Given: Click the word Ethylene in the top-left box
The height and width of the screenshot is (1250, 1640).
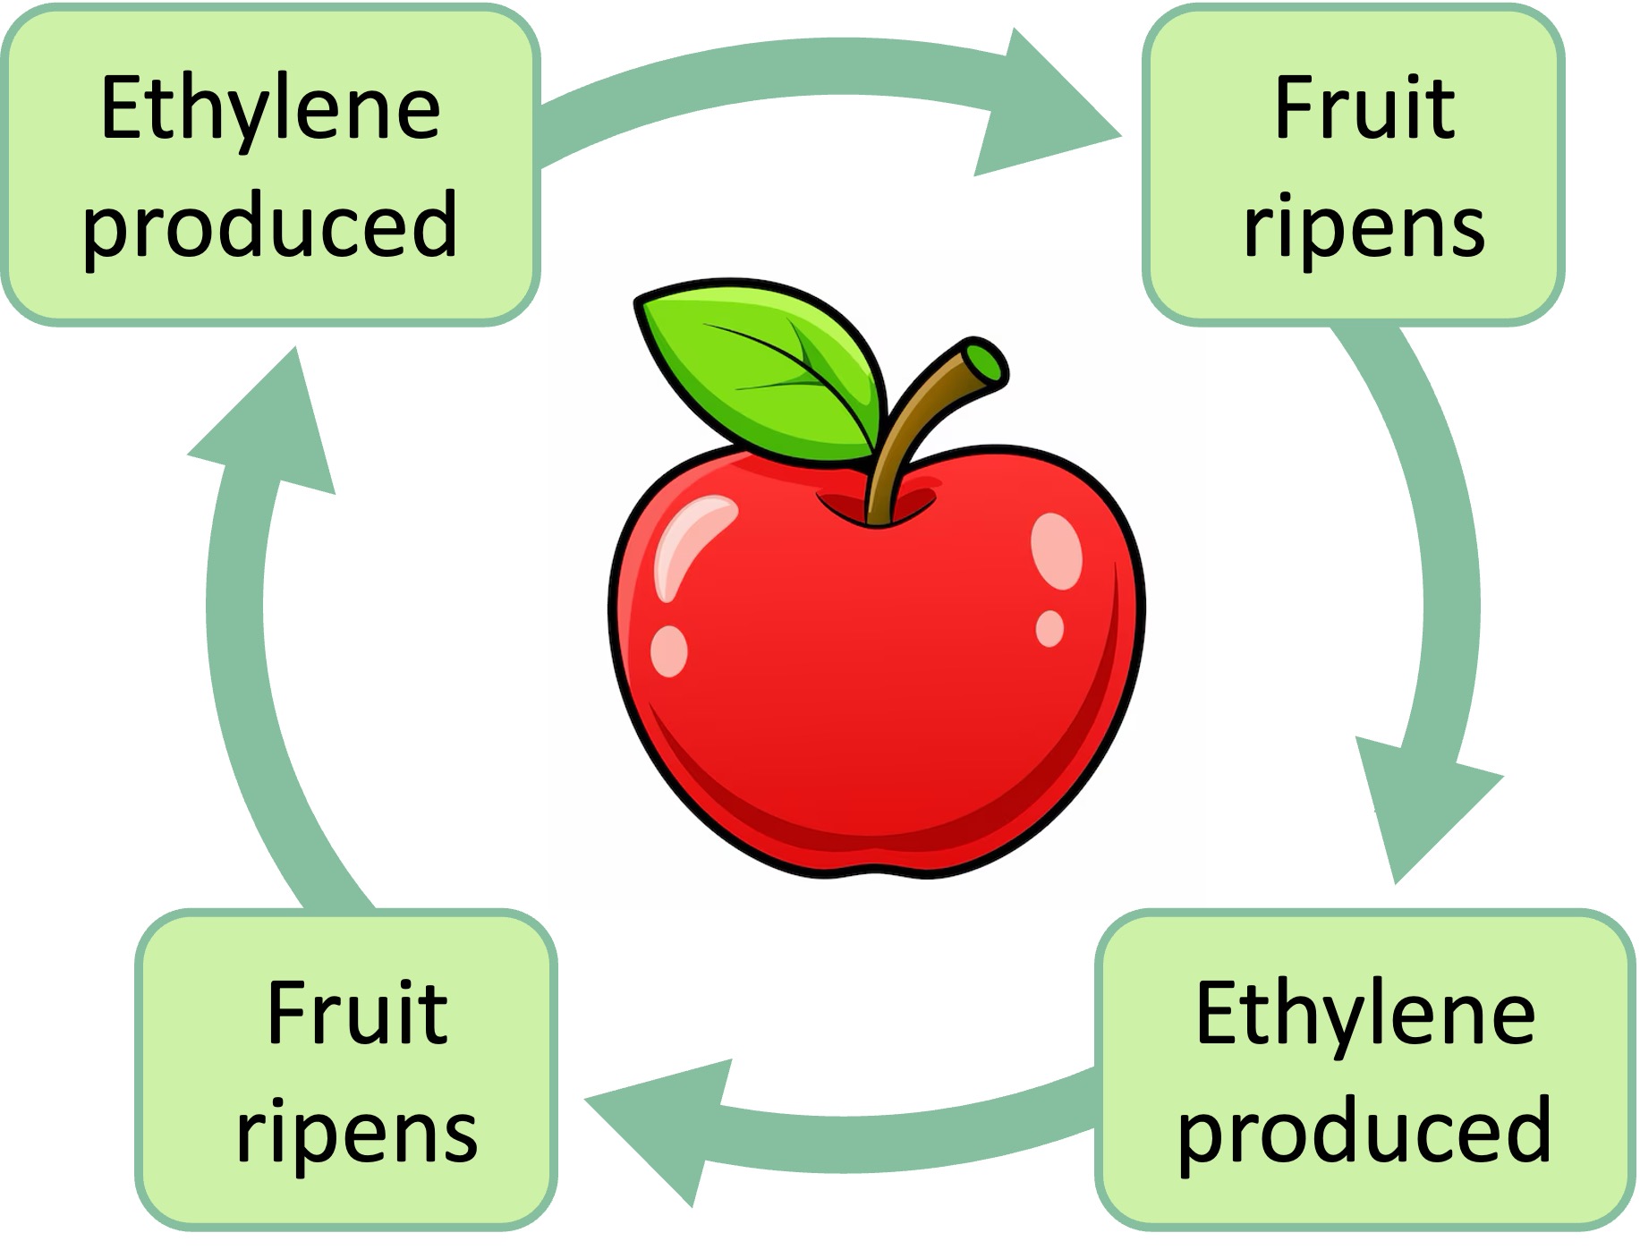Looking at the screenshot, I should click(270, 109).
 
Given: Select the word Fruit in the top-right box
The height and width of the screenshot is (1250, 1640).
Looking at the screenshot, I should click(1364, 109).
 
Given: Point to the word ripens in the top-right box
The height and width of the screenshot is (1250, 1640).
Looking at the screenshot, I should click(1364, 228).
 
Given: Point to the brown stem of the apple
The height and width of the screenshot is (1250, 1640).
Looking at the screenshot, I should click(904, 429).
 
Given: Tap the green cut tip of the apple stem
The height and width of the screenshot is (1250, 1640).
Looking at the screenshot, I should click(987, 362).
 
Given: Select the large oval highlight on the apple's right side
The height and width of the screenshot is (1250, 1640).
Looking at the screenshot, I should click(1057, 550).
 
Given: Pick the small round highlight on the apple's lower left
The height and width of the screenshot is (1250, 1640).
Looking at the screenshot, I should click(668, 651).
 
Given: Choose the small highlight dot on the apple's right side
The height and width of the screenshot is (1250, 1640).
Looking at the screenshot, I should click(1049, 627).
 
